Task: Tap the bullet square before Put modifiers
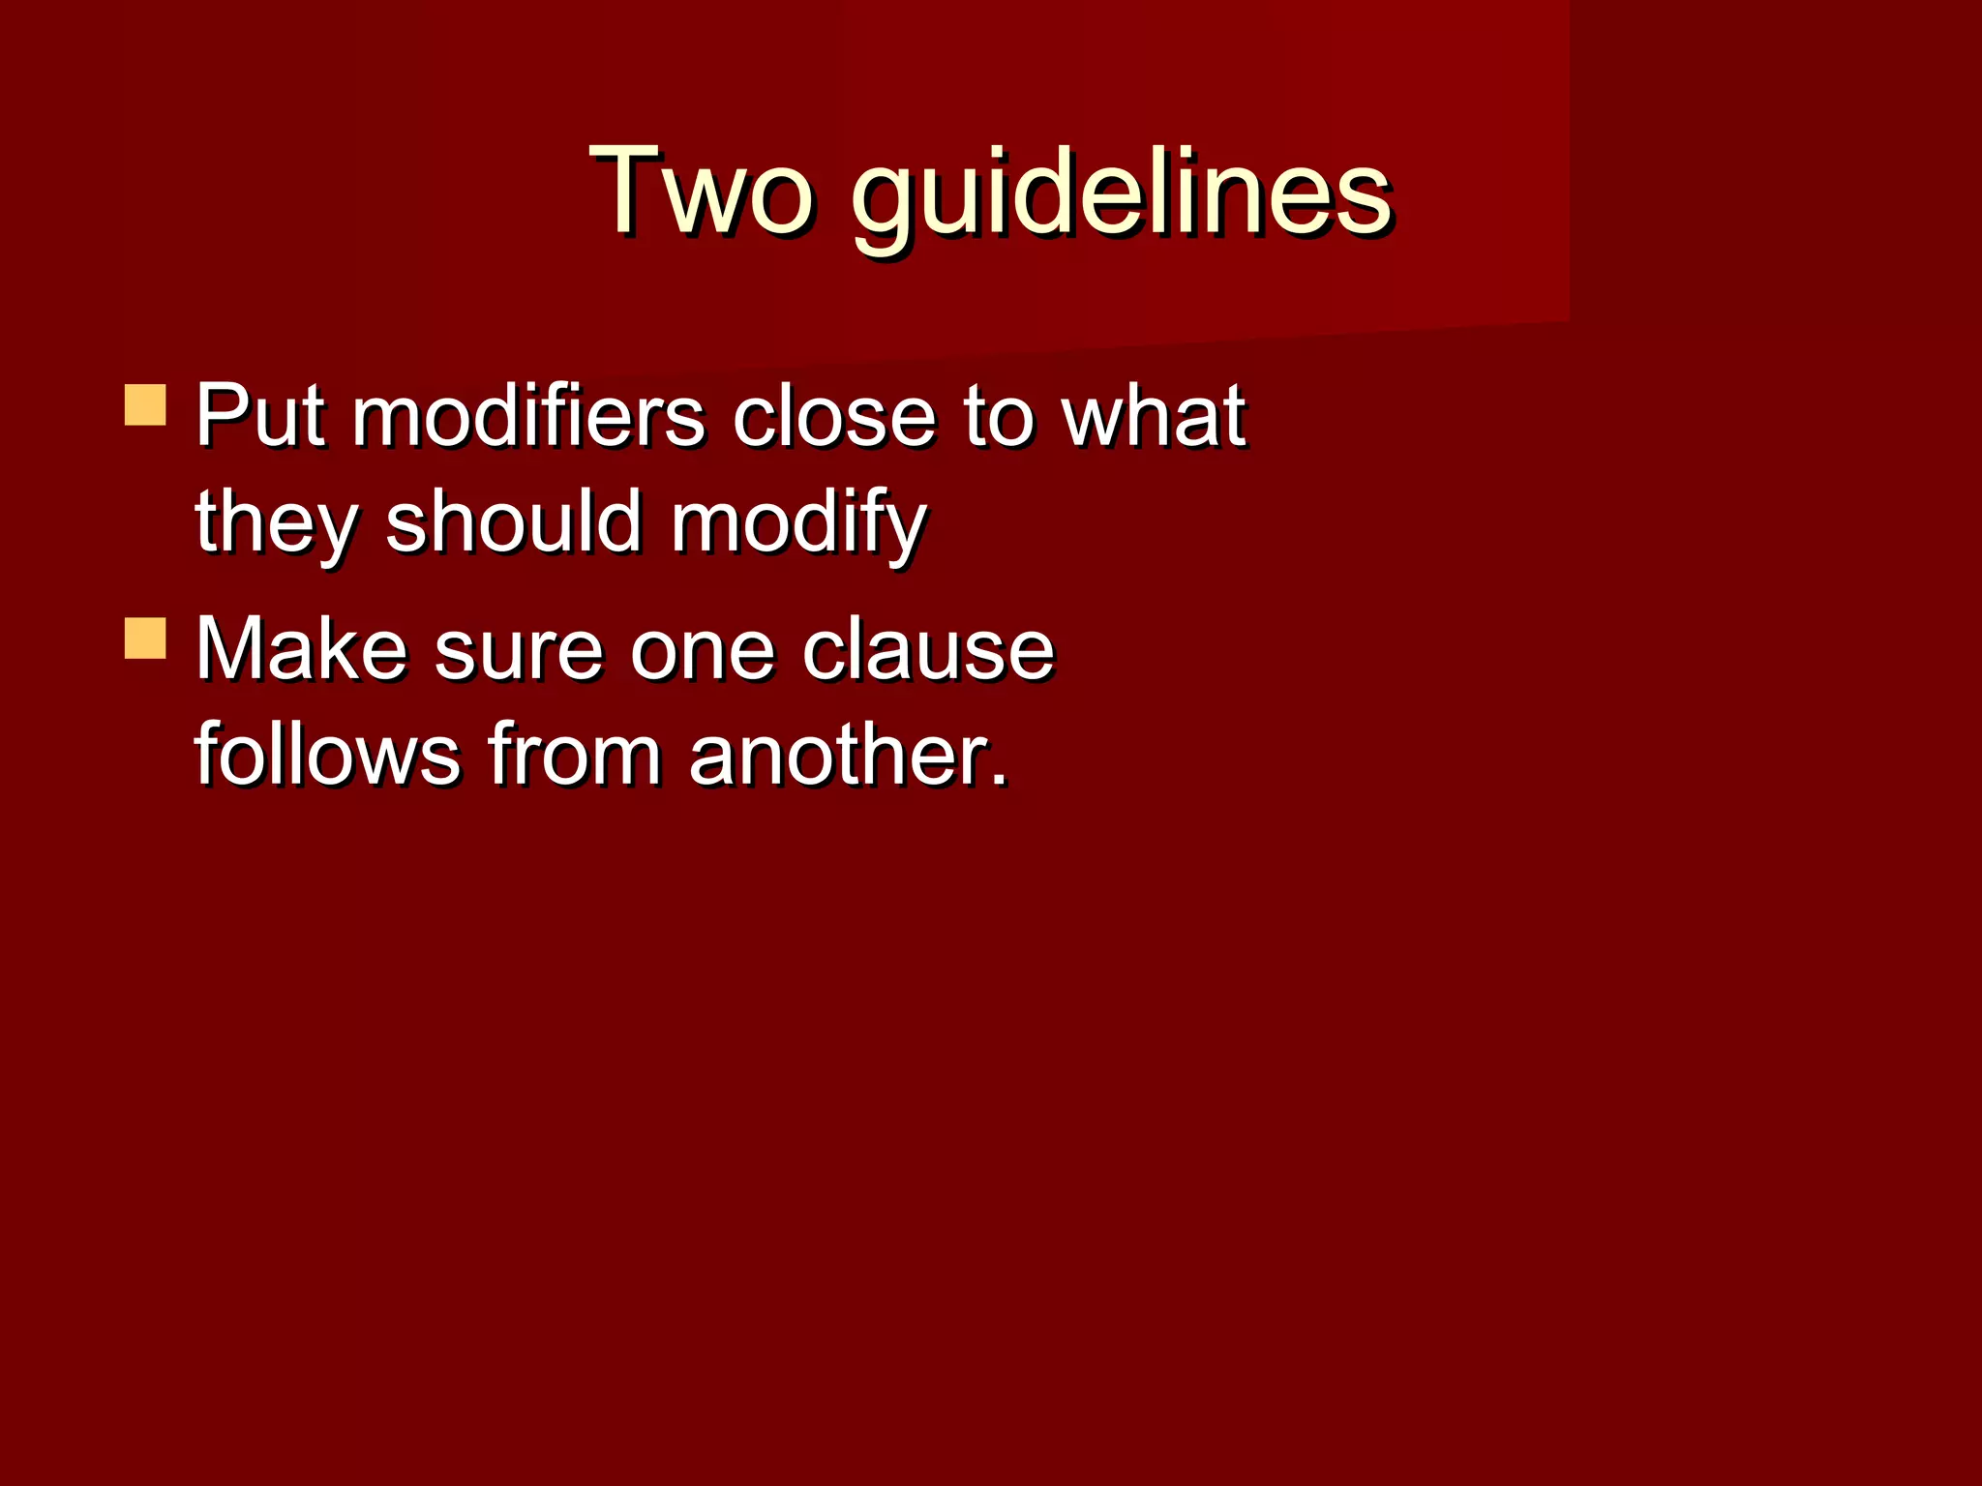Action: point(145,405)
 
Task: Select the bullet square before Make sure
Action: point(145,639)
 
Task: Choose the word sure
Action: point(518,650)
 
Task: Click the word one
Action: point(703,650)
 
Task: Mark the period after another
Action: point(1001,779)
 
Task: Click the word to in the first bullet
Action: point(998,418)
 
